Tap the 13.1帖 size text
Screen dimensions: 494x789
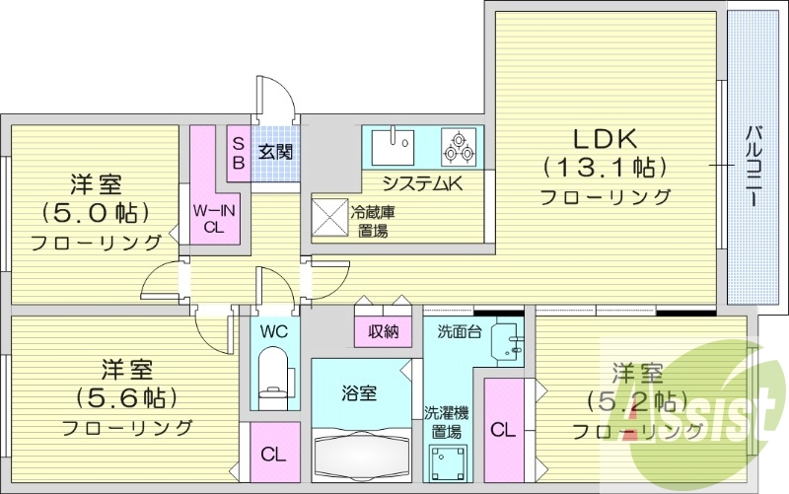[x=604, y=167]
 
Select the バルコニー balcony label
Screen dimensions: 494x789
[x=752, y=166]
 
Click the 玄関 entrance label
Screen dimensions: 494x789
[x=274, y=152]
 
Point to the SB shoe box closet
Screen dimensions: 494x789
[x=239, y=152]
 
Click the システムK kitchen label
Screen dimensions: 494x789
[x=422, y=182]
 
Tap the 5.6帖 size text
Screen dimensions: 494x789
[x=126, y=398]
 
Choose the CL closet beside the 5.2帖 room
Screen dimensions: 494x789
[x=502, y=430]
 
